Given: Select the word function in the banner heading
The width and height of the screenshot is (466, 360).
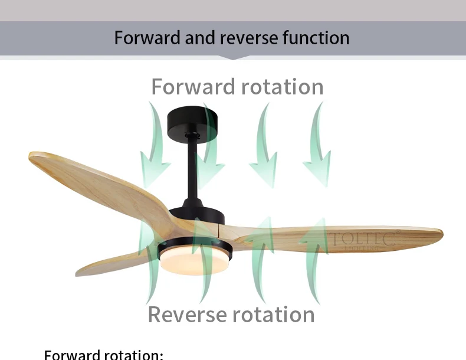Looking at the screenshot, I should pos(316,38).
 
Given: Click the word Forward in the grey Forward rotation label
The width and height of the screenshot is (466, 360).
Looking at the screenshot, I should pos(192,87).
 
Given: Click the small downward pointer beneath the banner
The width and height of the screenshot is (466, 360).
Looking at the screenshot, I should pos(233,58).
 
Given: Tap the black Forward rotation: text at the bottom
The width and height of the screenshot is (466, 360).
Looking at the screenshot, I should pos(103,355).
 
